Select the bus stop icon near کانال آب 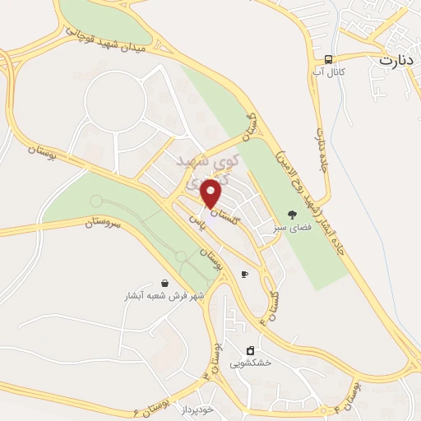point(329,60)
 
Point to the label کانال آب point(329,74)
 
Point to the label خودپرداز point(198,409)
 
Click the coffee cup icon point(244,274)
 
